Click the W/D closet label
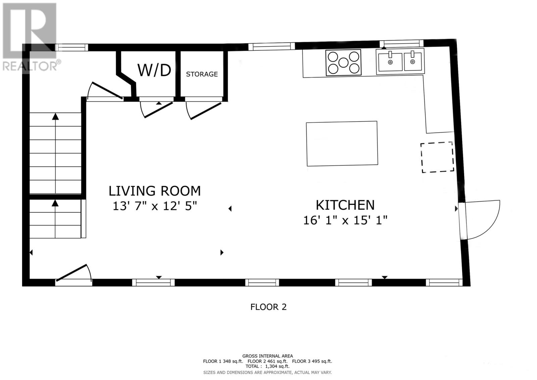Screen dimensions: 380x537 (x=154, y=70)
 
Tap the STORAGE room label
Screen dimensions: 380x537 (x=202, y=74)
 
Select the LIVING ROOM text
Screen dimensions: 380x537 (x=154, y=191)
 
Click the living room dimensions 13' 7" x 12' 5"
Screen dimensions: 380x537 (x=154, y=206)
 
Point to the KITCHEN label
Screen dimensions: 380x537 (x=345, y=205)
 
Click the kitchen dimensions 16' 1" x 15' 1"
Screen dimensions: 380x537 (x=345, y=220)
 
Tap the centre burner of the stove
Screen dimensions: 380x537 (x=343, y=62)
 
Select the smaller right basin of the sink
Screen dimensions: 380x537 (x=413, y=62)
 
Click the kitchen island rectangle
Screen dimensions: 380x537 (x=342, y=143)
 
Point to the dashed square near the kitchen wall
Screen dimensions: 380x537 (x=437, y=157)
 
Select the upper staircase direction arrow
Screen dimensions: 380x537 (x=55, y=117)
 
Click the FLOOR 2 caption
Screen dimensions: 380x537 (x=268, y=307)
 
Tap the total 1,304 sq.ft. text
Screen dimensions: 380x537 (x=267, y=367)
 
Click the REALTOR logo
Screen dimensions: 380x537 (x=30, y=37)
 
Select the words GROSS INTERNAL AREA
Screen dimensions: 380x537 (x=267, y=356)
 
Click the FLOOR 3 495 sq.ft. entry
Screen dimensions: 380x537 (x=312, y=361)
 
